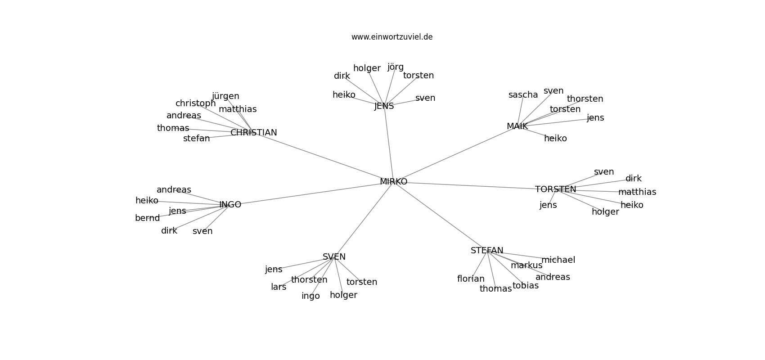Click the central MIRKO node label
click(x=393, y=182)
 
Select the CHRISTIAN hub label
click(x=254, y=132)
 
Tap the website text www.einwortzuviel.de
click(x=392, y=37)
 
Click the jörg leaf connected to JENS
click(x=396, y=67)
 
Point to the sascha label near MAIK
click(x=523, y=94)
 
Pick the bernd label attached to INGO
click(x=147, y=218)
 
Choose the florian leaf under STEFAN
click(x=471, y=279)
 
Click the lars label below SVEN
click(x=279, y=287)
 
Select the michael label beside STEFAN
click(x=558, y=260)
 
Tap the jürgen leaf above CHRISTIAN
click(x=225, y=96)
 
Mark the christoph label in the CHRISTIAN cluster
click(x=196, y=103)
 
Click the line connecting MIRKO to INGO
click(x=311, y=193)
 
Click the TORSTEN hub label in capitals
click(x=556, y=189)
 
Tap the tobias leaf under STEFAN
click(x=526, y=286)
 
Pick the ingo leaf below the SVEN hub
click(x=310, y=296)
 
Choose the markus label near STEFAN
click(x=526, y=265)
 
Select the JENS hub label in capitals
click(x=384, y=106)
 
